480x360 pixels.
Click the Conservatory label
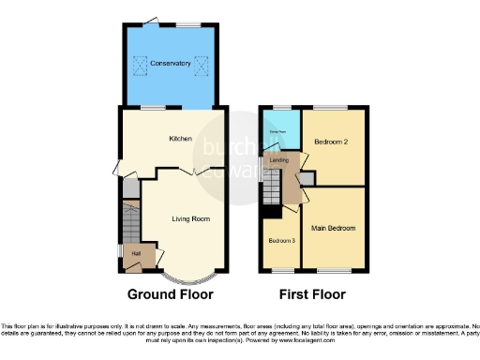click(x=170, y=64)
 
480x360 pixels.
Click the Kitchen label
click(x=180, y=139)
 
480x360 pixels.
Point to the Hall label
click(x=136, y=254)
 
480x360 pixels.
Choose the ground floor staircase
click(x=130, y=225)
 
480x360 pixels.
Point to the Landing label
click(x=279, y=160)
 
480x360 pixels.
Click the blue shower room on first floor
click(x=278, y=131)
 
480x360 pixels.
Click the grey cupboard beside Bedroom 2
click(x=307, y=178)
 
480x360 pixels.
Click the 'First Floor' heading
click(x=312, y=294)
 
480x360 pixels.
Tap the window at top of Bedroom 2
click(x=329, y=108)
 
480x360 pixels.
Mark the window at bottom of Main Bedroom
click(x=333, y=272)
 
